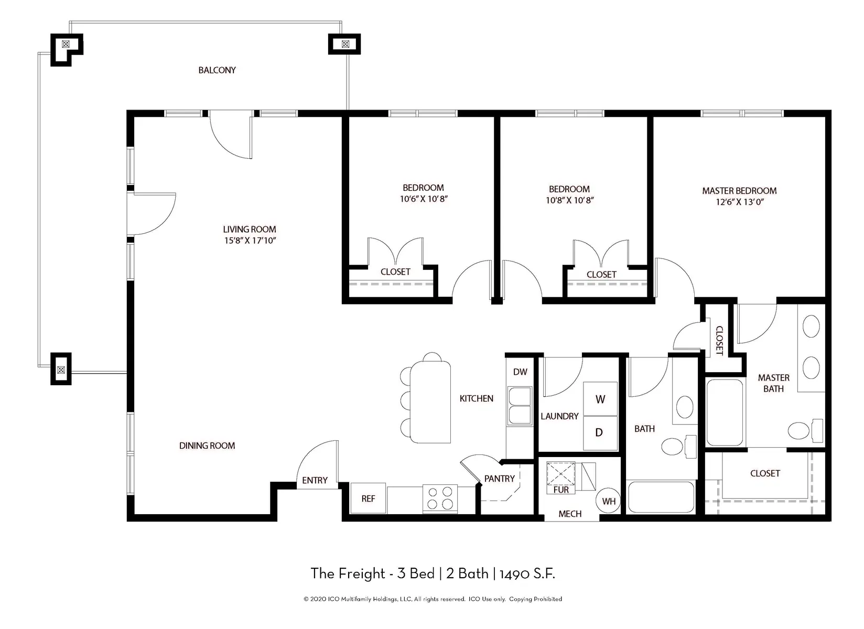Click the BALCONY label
(217, 70)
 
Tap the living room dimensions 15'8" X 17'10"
(249, 241)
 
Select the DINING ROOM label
(207, 446)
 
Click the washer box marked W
(600, 399)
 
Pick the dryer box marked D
(599, 432)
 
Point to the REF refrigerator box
(368, 498)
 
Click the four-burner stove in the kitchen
(440, 498)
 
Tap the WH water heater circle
(609, 501)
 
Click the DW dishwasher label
(520, 372)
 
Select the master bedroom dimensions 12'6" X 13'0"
(739, 202)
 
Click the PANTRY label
(499, 479)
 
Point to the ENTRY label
(315, 480)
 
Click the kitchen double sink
(520, 406)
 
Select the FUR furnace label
(561, 490)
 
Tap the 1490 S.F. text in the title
(527, 573)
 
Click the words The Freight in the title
(348, 573)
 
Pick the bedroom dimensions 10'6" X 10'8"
(423, 199)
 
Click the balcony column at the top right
(344, 44)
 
